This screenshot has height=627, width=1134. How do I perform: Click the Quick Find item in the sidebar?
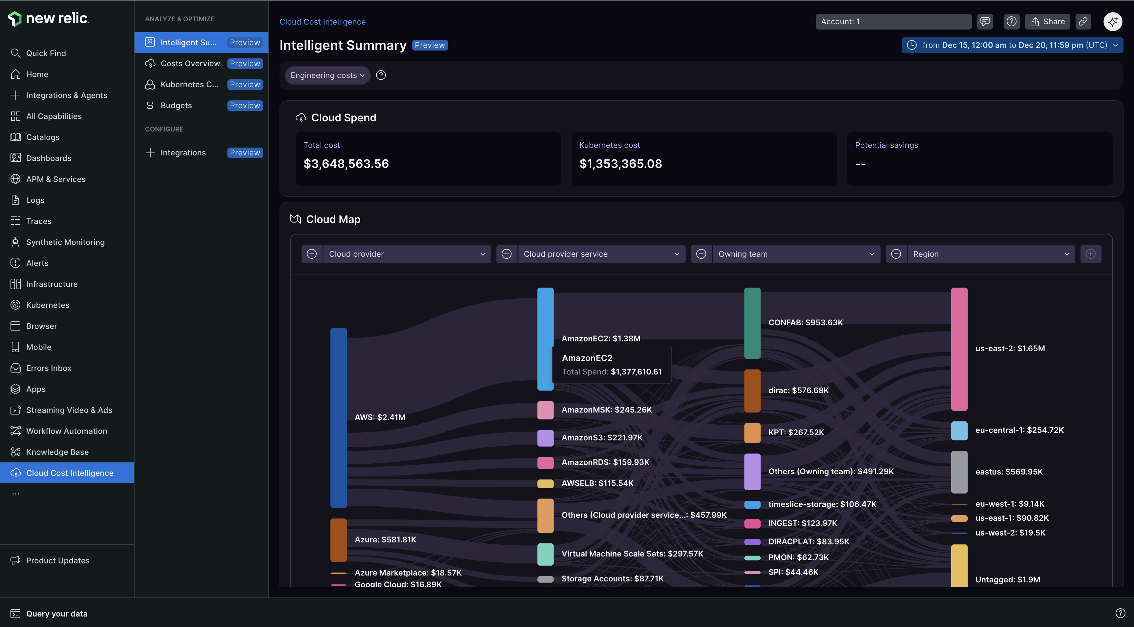click(x=46, y=53)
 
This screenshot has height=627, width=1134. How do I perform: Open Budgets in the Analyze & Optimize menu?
click(x=176, y=106)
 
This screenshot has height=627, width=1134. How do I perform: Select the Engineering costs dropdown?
click(x=327, y=75)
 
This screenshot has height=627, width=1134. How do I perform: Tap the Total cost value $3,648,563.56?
click(x=346, y=164)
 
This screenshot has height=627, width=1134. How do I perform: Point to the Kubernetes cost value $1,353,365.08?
click(x=620, y=164)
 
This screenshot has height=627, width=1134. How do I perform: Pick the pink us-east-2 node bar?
click(x=959, y=349)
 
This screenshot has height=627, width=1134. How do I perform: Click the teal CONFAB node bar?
click(x=752, y=323)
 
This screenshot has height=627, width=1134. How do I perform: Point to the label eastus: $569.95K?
click(x=1009, y=472)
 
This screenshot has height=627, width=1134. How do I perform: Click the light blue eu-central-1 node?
click(x=959, y=431)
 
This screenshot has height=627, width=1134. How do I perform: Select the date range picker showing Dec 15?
click(x=1012, y=45)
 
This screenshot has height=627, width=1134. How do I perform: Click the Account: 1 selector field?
click(x=893, y=22)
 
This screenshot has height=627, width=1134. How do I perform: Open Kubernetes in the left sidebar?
click(x=48, y=305)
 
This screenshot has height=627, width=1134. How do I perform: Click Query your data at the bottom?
click(x=56, y=614)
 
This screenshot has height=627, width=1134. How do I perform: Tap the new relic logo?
click(x=49, y=18)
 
